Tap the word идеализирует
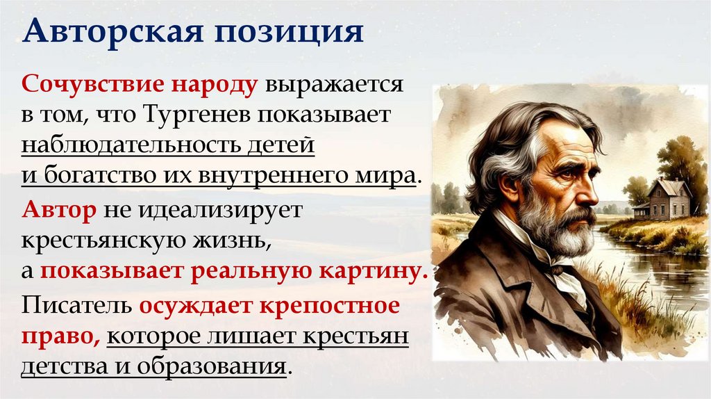[221, 211]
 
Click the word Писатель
[76, 306]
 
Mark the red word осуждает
[194, 306]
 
